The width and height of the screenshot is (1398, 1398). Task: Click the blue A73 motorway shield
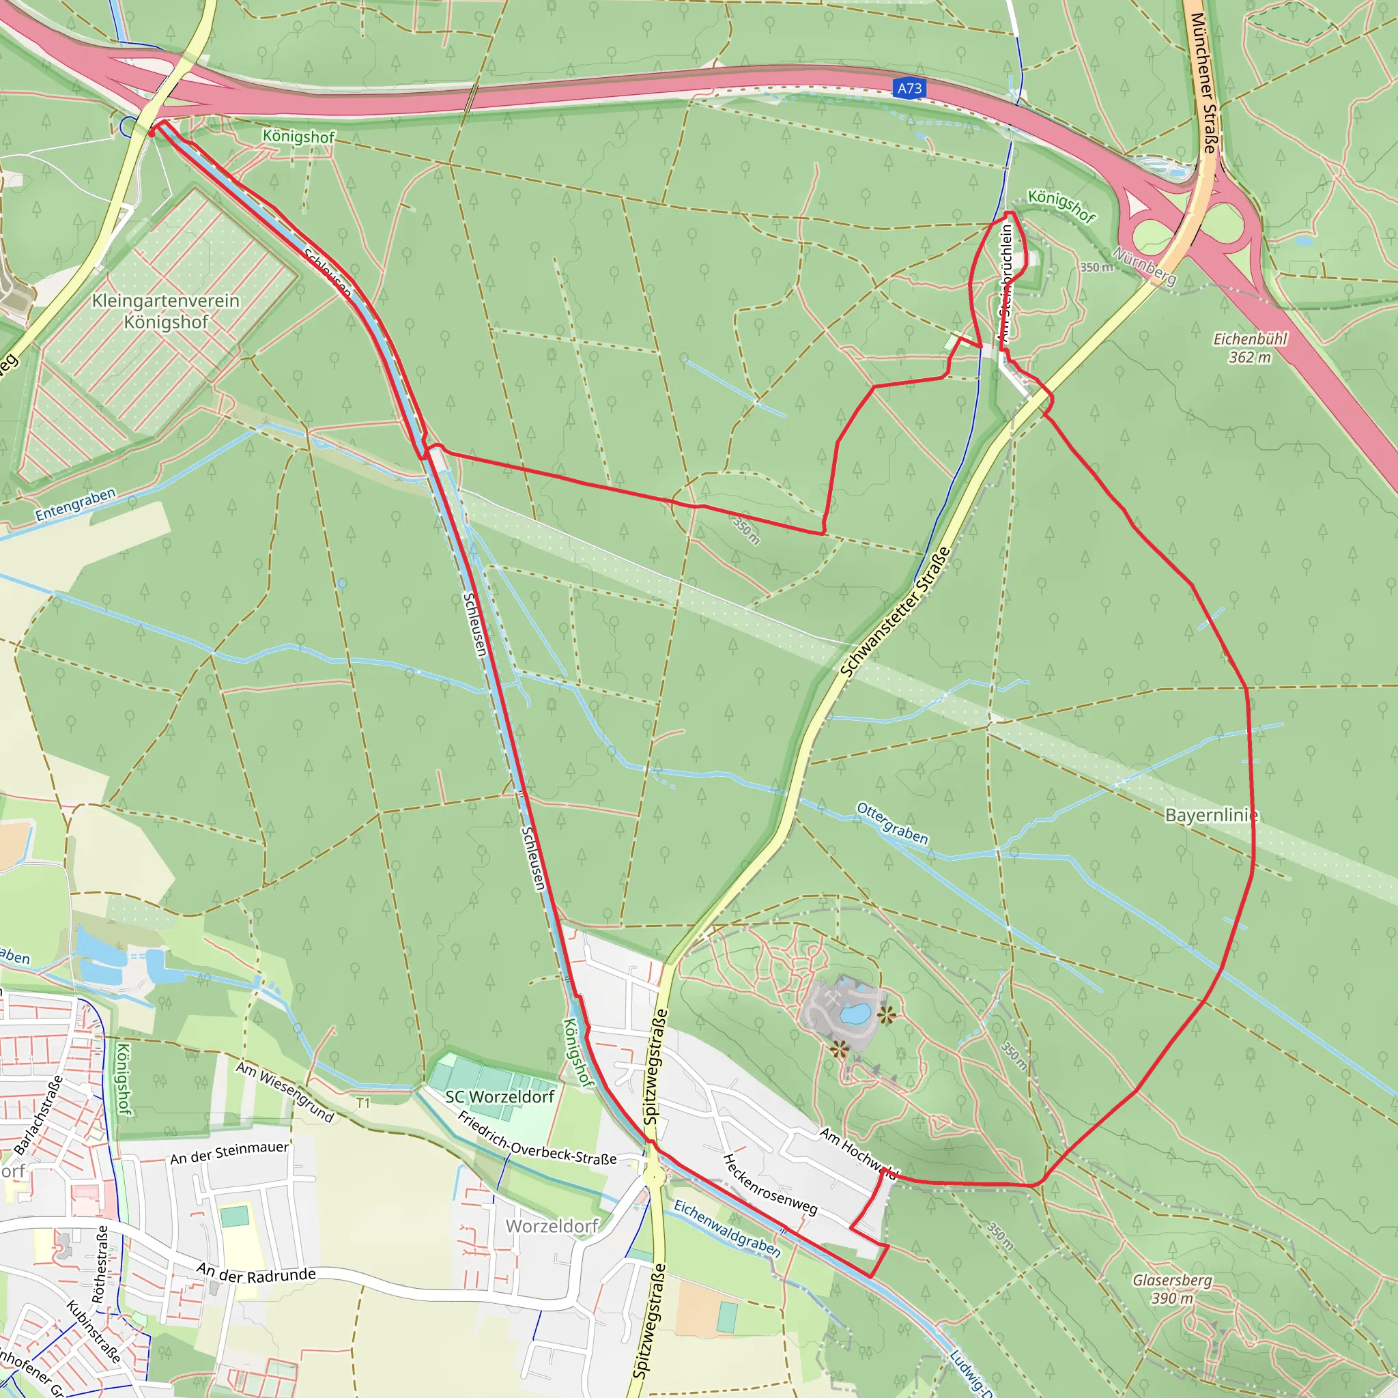click(x=909, y=88)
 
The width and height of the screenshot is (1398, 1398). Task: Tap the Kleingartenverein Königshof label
click(x=166, y=311)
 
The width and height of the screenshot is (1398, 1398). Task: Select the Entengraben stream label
click(x=75, y=505)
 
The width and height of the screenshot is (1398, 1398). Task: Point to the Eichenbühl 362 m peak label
click(x=1250, y=348)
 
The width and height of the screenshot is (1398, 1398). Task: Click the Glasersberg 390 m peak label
click(x=1171, y=1289)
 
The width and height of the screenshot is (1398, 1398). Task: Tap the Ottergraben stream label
click(x=892, y=823)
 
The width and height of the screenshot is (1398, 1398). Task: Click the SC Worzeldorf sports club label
click(x=499, y=1097)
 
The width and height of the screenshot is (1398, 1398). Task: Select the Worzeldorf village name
click(x=552, y=1226)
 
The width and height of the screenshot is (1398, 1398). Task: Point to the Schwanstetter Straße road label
click(x=895, y=612)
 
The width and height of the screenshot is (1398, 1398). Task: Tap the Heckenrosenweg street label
click(x=770, y=1184)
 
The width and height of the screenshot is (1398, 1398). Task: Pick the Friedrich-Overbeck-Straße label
click(x=537, y=1138)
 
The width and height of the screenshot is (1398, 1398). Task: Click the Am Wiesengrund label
click(x=285, y=1092)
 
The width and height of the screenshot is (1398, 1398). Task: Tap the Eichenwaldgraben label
click(x=727, y=1229)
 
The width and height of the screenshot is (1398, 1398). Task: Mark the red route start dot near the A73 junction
click(x=152, y=132)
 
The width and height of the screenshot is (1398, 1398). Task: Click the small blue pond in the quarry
click(x=855, y=1014)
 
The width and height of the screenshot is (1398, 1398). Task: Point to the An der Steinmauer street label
click(x=229, y=1153)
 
